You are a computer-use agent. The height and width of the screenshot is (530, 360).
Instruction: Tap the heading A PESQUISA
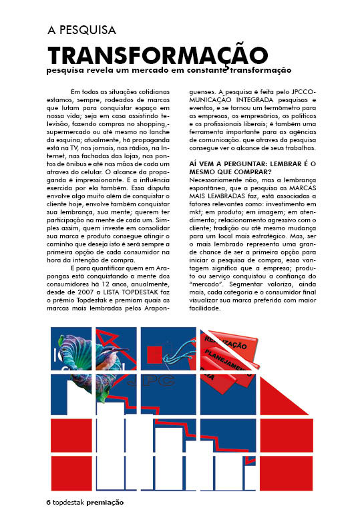click(x=81, y=30)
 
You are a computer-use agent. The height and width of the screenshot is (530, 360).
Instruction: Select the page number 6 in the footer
click(x=48, y=501)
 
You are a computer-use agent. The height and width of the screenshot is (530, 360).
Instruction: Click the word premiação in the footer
click(x=105, y=501)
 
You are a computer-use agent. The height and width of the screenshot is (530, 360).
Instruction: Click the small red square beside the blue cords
click(x=155, y=354)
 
